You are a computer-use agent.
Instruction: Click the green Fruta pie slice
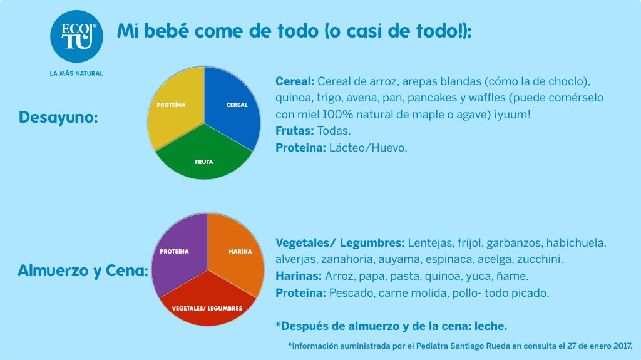[203, 157]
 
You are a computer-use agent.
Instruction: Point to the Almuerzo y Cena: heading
[83, 271]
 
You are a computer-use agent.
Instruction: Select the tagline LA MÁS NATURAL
[76, 73]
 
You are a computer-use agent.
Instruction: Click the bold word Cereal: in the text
[294, 82]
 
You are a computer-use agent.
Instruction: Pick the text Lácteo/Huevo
[368, 148]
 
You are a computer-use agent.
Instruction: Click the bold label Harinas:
[299, 275]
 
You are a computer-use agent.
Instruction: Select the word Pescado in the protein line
[349, 292]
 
